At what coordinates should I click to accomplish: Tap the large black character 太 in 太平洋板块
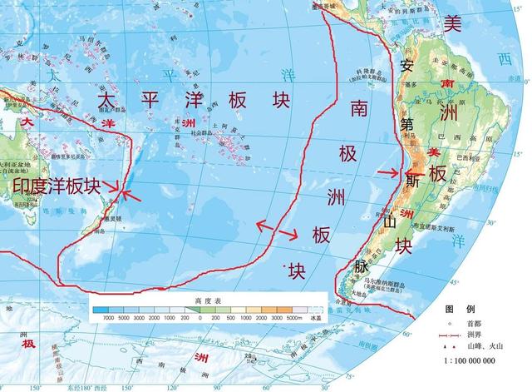point(106,99)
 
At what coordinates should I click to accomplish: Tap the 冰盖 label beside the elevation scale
point(314,319)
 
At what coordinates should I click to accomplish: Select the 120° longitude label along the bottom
point(170,387)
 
